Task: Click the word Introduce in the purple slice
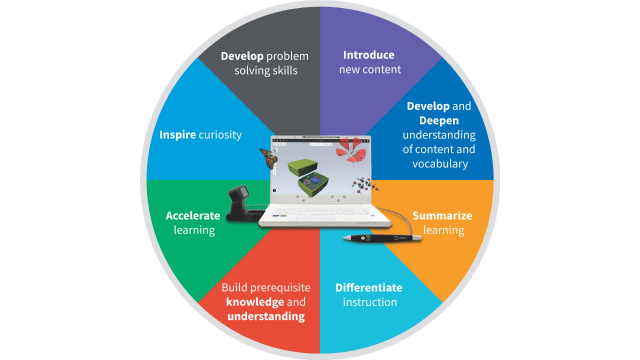pos(368,55)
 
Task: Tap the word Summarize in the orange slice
pos(442,215)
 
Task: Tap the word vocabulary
pos(434,163)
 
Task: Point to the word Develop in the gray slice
pos(242,55)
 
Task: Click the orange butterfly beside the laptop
pos(267,160)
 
